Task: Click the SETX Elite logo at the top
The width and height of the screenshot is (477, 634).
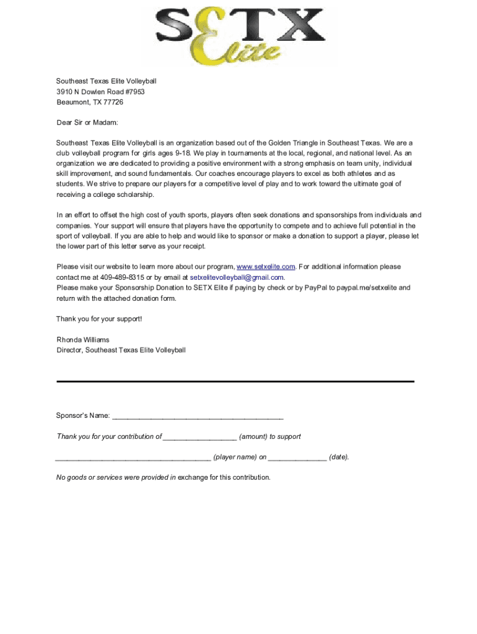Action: coord(240,35)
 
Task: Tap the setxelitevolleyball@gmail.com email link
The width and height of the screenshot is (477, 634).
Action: coord(237,277)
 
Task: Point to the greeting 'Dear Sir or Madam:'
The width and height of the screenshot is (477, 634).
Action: coord(87,123)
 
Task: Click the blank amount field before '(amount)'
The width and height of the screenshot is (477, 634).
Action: coord(199,437)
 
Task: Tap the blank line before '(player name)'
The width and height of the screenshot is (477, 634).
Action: coord(133,458)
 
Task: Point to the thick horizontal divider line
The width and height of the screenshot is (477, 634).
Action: coord(235,381)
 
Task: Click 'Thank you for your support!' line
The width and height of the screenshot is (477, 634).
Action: coord(99,319)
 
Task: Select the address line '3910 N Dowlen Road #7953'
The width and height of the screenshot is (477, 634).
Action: coord(100,92)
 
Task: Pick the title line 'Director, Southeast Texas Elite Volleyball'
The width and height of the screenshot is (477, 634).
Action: coord(121,350)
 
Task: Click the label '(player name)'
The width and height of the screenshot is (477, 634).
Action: coord(235,458)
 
